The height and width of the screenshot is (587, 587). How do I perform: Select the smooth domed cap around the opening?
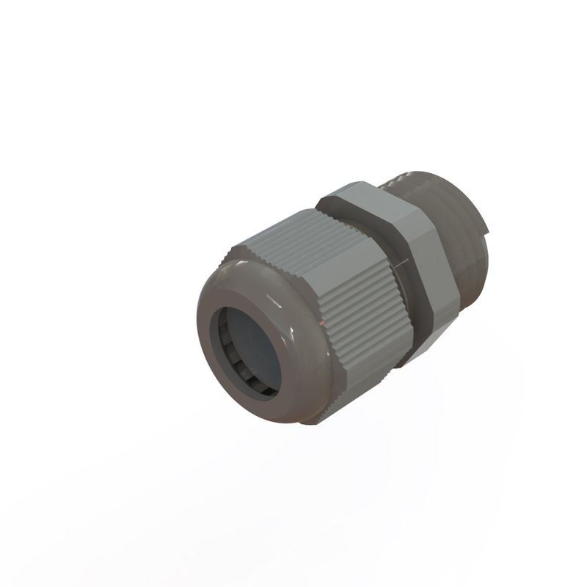(220, 293)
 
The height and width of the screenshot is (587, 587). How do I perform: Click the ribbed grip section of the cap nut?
(345, 293)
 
